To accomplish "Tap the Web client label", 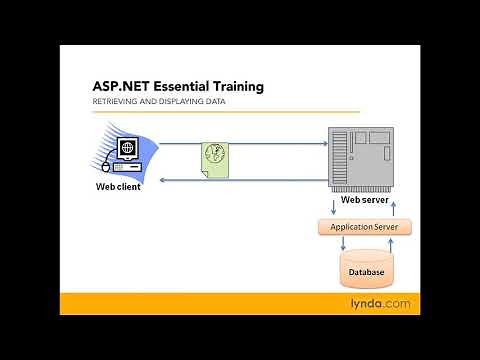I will [x=118, y=186].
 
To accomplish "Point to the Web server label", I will [x=364, y=199].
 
